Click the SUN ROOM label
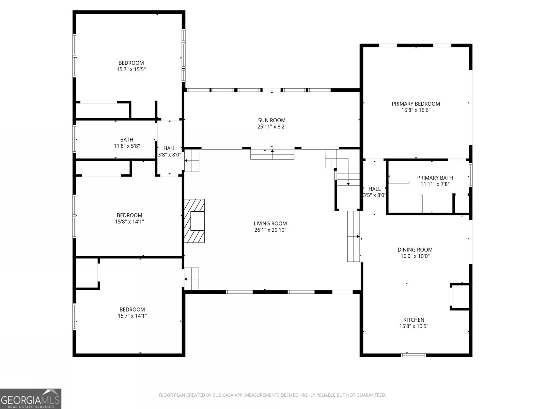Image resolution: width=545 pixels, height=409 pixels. (271, 120)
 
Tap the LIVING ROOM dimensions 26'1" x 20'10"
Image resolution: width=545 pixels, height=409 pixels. (270, 230)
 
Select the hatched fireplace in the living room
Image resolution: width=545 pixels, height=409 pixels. (194, 221)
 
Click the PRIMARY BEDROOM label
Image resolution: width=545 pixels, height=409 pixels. (416, 104)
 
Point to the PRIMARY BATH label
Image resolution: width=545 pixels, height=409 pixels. (435, 178)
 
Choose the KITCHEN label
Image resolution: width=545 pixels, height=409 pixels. (414, 320)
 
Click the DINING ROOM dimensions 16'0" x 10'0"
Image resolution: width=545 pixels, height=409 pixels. (415, 256)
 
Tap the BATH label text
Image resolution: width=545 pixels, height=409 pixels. (127, 139)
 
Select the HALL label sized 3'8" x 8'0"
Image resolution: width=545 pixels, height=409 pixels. (169, 148)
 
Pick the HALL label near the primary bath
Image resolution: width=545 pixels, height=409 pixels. (374, 189)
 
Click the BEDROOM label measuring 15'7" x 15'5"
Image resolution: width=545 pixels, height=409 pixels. (131, 63)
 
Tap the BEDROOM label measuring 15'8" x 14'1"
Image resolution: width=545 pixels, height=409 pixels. (129, 215)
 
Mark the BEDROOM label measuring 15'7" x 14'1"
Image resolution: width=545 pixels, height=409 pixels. (132, 309)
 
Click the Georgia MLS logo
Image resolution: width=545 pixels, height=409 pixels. (31, 398)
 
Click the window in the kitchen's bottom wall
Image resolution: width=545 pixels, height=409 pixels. (413, 355)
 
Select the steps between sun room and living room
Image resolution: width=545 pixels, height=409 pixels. (272, 154)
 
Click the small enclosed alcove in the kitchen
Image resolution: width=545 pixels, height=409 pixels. (460, 297)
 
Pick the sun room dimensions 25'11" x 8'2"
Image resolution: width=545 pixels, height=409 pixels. (271, 127)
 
